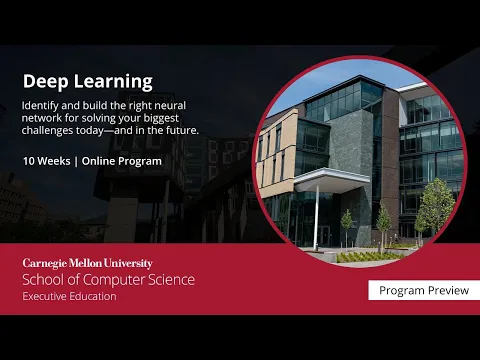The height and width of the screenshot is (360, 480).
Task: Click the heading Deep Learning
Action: tap(87, 81)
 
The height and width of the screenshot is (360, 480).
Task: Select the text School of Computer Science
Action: tap(109, 279)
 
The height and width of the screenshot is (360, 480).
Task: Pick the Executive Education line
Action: tap(70, 296)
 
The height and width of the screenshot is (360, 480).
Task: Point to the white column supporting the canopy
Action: tap(318, 215)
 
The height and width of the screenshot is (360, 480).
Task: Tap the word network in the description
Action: tap(44, 117)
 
